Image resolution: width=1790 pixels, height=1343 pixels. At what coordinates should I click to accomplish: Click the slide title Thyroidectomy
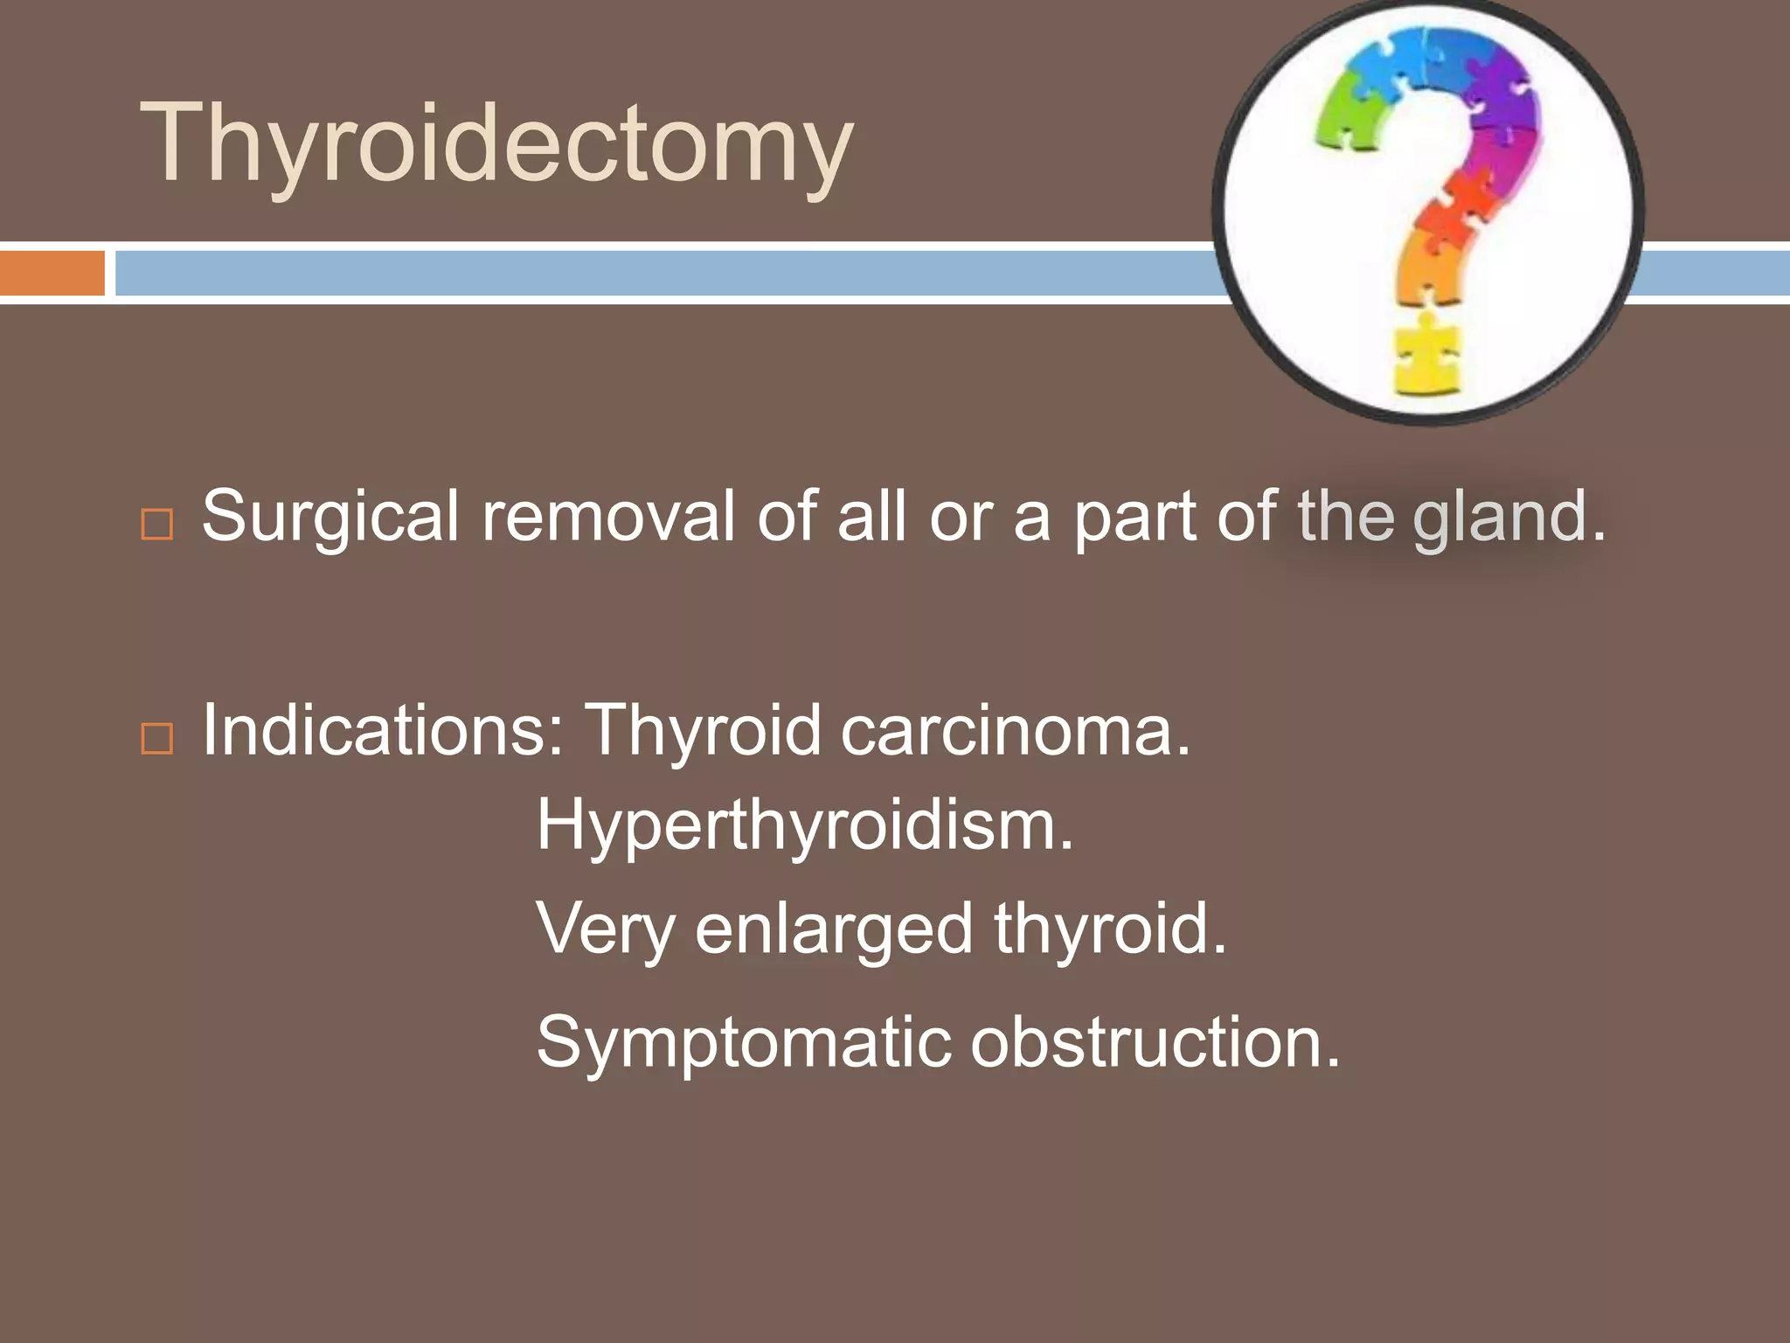coord(496,144)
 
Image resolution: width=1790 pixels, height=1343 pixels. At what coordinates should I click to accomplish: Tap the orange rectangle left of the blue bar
coord(52,273)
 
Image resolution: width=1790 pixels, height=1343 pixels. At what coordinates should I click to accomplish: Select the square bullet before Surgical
coord(157,524)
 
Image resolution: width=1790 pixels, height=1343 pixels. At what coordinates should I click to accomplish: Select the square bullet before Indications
coord(157,738)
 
